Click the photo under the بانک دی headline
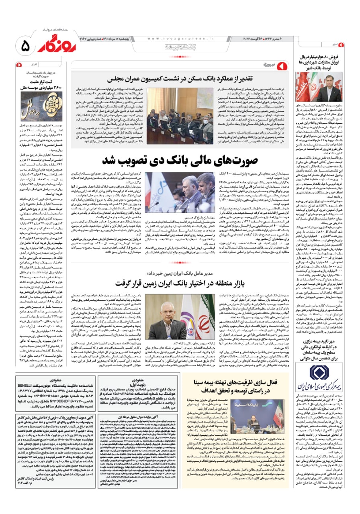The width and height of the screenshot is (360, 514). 180,192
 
